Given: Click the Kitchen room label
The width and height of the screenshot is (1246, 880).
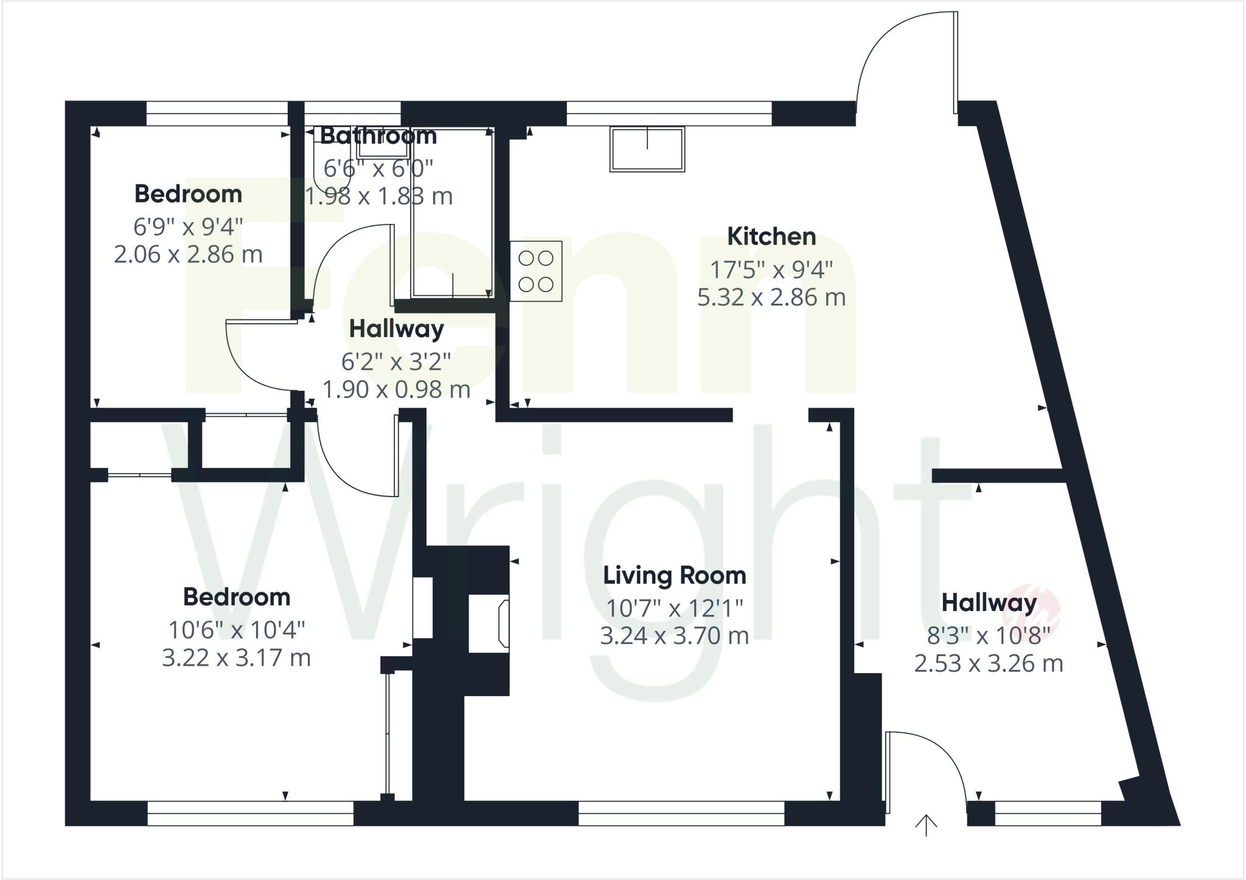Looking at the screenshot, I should (x=771, y=237).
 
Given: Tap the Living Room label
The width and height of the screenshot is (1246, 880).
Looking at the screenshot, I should (x=674, y=575).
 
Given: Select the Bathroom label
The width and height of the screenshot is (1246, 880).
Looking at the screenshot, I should (x=378, y=136).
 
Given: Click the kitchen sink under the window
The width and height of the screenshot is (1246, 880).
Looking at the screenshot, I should (x=647, y=149).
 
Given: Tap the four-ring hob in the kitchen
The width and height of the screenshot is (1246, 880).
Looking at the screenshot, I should (x=536, y=271).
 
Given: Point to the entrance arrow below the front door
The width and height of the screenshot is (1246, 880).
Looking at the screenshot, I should (x=926, y=825).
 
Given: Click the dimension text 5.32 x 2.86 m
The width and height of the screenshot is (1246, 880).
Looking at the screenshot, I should (x=771, y=298).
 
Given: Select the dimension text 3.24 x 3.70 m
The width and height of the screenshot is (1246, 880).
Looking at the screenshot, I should (x=674, y=636).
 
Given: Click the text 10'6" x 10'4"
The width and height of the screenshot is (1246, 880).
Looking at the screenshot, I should (x=236, y=630).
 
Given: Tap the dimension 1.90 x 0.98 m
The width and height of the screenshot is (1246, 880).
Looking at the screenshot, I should (x=396, y=389).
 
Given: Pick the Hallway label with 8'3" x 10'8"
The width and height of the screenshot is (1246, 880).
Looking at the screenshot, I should (x=989, y=603).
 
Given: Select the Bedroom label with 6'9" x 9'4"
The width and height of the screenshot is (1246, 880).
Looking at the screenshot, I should (x=188, y=194).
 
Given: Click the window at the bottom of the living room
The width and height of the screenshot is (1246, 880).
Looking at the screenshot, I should (x=681, y=813).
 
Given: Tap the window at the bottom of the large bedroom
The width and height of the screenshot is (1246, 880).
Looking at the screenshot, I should (x=250, y=813).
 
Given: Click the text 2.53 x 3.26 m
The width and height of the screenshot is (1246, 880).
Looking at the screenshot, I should (x=989, y=663).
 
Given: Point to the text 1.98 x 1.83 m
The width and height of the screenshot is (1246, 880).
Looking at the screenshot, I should (x=378, y=197).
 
